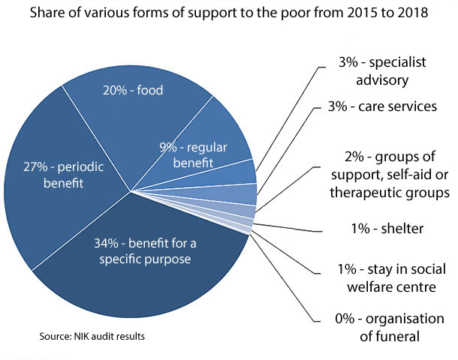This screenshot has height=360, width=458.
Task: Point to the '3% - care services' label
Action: [x=387, y=107]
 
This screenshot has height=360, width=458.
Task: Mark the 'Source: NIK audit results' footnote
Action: [x=92, y=337]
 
